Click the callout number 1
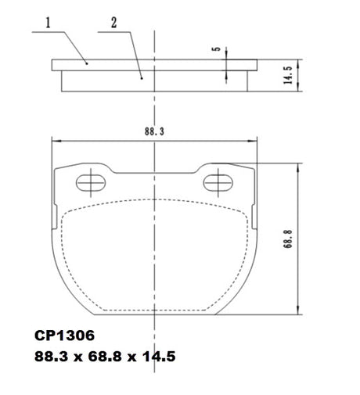(x=48, y=23)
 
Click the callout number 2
(x=114, y=23)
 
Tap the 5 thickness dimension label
(x=217, y=48)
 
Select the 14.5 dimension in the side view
(x=288, y=75)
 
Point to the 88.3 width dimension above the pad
(x=154, y=131)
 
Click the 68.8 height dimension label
(x=288, y=239)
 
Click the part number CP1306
(x=64, y=336)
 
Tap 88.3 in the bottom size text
(x=51, y=356)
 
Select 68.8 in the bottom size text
(x=105, y=356)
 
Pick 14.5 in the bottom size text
(x=159, y=356)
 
